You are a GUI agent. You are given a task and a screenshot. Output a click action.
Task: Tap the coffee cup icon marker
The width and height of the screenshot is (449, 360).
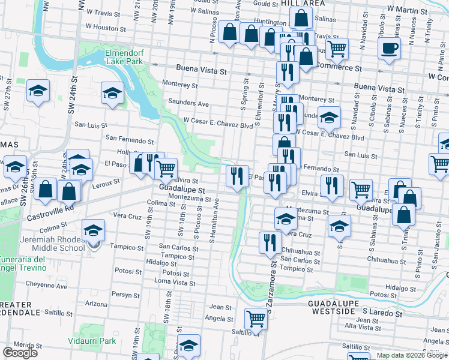pos(389,49)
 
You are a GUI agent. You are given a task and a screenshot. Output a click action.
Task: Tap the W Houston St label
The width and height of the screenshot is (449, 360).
pos(106,27)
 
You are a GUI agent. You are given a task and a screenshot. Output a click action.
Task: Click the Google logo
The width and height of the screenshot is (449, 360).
pos(20,353)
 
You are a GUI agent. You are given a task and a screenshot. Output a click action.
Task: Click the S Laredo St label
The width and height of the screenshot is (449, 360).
pos(382,313)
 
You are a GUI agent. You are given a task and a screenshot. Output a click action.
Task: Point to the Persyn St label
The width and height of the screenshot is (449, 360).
pos(127,294)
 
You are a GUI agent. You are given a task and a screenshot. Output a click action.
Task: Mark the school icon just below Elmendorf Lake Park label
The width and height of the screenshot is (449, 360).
pos(111,92)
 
